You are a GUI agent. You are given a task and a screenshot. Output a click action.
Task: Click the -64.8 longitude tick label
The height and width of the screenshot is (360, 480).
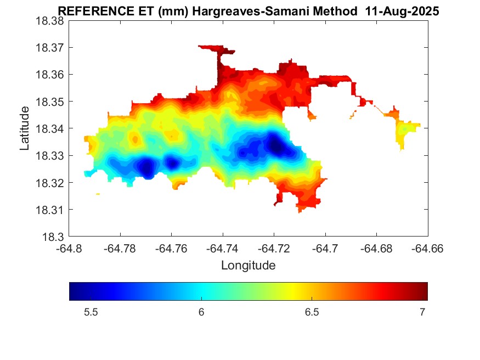click(69, 248)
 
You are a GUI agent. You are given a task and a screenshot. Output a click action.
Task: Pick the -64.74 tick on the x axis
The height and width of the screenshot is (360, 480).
click(223, 248)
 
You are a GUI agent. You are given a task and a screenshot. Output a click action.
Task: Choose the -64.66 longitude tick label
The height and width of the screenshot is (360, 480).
click(428, 248)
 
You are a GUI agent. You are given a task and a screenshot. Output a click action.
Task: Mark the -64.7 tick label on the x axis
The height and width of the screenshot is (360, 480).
click(326, 248)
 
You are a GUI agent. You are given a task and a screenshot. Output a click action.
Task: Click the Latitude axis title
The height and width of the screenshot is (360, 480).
click(25, 129)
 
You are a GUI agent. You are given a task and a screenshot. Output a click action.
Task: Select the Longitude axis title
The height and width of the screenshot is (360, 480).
click(248, 266)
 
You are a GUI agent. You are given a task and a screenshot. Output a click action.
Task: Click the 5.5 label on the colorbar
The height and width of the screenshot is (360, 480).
click(91, 312)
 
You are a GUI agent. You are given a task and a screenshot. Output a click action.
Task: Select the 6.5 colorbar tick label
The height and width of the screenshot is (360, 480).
click(312, 312)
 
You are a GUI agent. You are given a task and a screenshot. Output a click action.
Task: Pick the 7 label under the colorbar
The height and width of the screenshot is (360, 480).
click(422, 312)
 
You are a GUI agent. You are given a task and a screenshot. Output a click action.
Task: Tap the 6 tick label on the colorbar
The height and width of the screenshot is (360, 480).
click(201, 312)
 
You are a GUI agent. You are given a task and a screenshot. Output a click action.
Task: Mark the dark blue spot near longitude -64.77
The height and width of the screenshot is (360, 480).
click(146, 166)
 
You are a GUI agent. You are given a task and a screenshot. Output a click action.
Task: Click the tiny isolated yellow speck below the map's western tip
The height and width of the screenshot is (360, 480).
click(98, 194)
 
